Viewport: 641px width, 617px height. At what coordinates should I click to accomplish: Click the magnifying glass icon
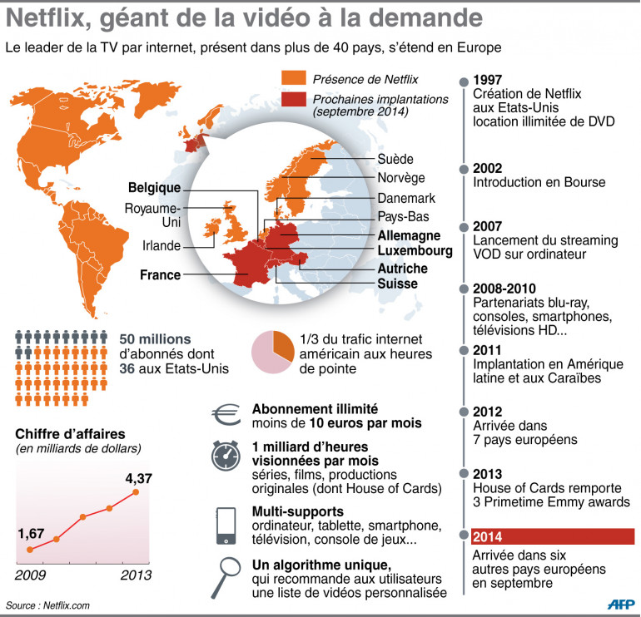coord(226,574)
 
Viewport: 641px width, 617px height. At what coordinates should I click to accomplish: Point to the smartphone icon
coord(225,521)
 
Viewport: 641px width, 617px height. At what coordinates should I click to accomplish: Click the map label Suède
coord(395,159)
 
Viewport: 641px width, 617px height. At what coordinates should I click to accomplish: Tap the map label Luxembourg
coord(415,250)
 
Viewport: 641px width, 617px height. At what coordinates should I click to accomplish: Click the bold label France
coord(160,274)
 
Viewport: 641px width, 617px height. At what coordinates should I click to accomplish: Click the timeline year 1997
coord(487,80)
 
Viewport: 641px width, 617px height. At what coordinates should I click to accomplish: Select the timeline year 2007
coord(487,226)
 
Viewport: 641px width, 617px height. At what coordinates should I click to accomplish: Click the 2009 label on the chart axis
coord(31,575)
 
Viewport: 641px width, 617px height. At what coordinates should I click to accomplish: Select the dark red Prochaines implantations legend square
coord(294,100)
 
